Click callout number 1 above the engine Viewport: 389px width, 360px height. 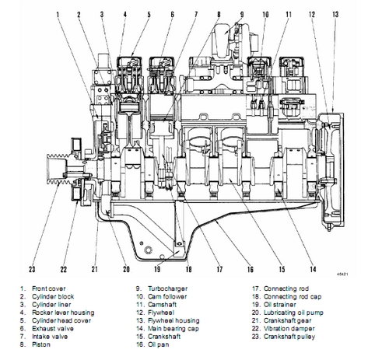[59, 14]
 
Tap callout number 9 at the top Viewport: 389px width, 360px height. [240, 14]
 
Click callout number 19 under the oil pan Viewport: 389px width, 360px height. [157, 269]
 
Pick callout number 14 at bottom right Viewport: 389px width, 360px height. [312, 269]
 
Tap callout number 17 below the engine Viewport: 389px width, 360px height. [219, 269]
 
